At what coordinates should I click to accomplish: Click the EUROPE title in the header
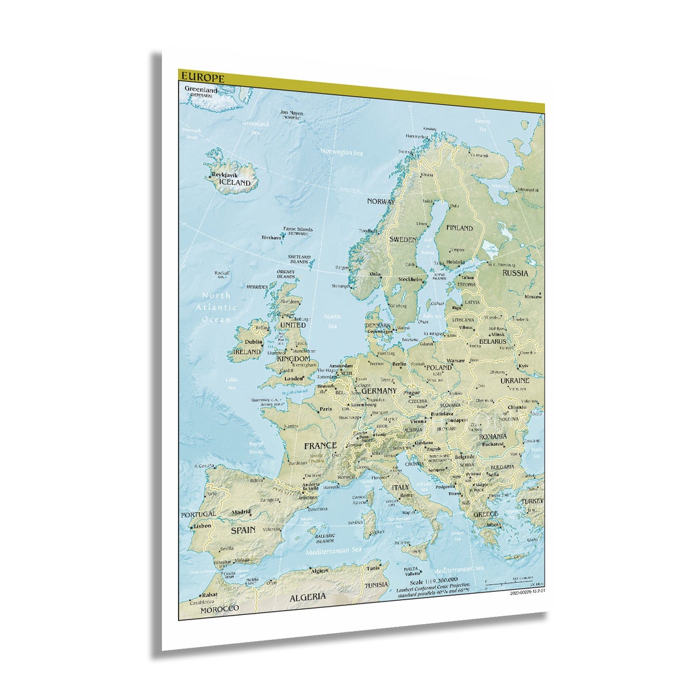pyautogui.click(x=202, y=78)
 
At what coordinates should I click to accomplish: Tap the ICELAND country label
pyautogui.click(x=235, y=182)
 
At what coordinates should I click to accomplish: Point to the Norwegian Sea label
pyautogui.click(x=341, y=152)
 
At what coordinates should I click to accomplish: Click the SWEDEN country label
pyautogui.click(x=403, y=239)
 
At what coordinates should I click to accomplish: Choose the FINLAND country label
pyautogui.click(x=459, y=227)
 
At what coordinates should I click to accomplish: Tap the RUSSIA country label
pyautogui.click(x=515, y=272)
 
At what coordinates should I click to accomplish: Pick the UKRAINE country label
pyautogui.click(x=515, y=380)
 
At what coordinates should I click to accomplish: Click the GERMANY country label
pyautogui.click(x=378, y=391)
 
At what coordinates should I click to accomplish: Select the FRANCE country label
pyautogui.click(x=320, y=445)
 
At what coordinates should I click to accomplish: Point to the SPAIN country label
pyautogui.click(x=243, y=530)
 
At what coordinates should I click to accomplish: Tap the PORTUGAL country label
pyautogui.click(x=199, y=515)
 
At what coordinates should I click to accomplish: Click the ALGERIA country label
pyautogui.click(x=307, y=597)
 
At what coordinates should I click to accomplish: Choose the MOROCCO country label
pyautogui.click(x=219, y=608)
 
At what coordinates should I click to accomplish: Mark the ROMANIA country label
pyautogui.click(x=493, y=436)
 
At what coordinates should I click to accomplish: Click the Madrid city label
pyautogui.click(x=242, y=512)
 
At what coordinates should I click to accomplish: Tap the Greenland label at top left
pyautogui.click(x=200, y=90)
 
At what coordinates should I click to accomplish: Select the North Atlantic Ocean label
pyautogui.click(x=216, y=307)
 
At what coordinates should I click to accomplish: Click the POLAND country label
pyautogui.click(x=439, y=368)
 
